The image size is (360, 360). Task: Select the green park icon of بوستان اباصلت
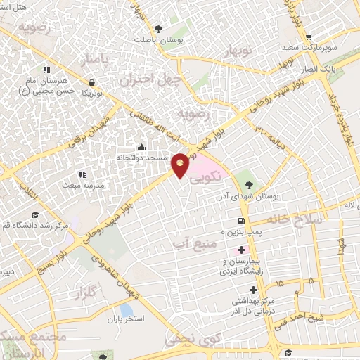coord(157,29)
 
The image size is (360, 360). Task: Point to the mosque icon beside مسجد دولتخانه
coord(142,147)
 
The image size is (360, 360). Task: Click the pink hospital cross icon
coord(241,250)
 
